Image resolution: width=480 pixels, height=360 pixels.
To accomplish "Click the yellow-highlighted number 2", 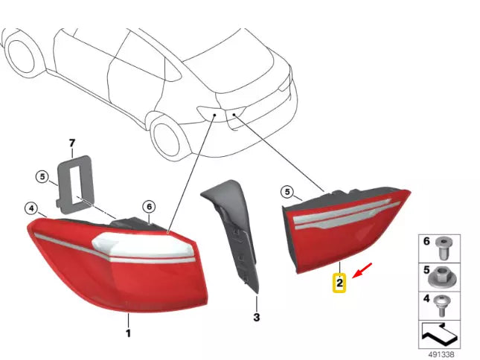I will tap(339, 283).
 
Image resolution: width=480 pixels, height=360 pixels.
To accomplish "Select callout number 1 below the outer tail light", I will tap(127, 332).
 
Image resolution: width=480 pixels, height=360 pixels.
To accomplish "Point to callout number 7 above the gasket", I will tap(72, 142).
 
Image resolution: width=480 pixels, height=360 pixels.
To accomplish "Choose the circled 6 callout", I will tap(148, 206).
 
